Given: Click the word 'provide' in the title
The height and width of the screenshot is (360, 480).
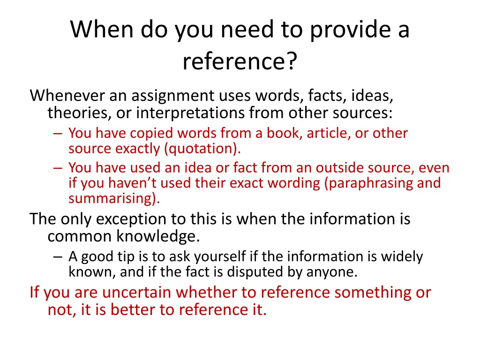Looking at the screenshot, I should [344, 30].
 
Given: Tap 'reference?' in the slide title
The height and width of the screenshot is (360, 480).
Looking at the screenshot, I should [240, 62].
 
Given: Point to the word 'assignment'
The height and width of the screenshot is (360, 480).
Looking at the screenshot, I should [173, 96].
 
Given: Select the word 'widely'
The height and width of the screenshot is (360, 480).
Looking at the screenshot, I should [402, 257].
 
